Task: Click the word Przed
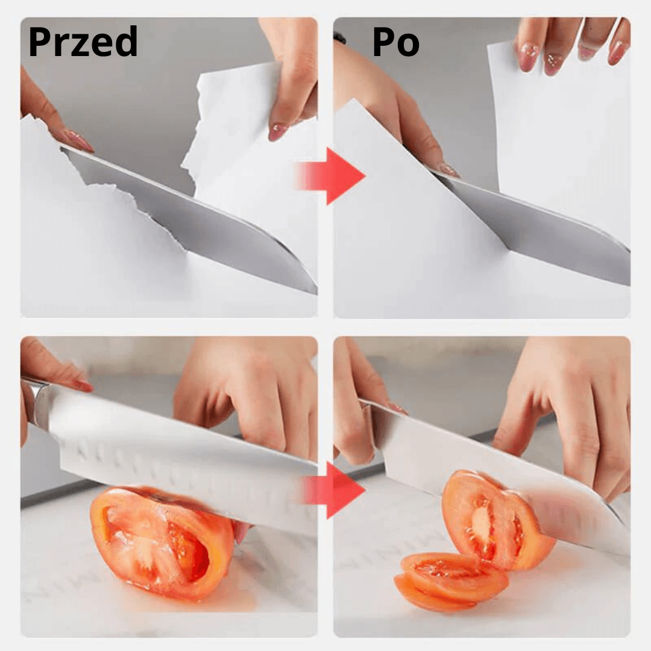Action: tap(83, 42)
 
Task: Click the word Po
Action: tap(395, 42)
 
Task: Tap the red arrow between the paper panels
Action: tap(330, 176)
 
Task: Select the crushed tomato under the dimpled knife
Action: tap(162, 543)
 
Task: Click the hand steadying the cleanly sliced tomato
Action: tap(569, 415)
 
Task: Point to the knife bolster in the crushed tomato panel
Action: tap(39, 405)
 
